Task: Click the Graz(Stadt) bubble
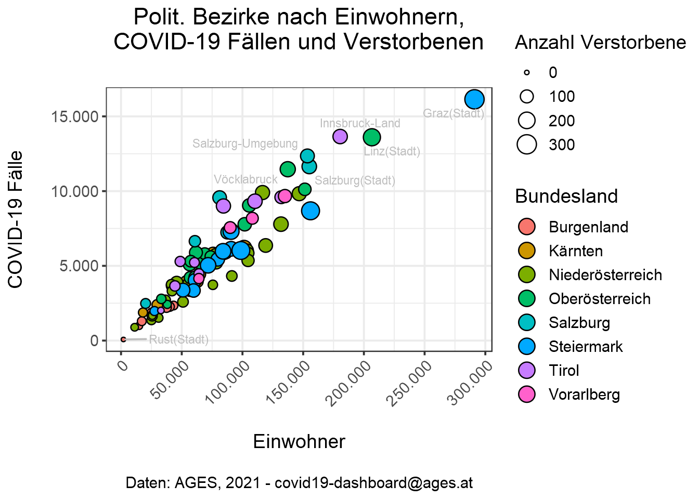coord(474,99)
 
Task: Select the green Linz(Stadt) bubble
coord(371,137)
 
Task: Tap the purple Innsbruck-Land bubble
coord(340,137)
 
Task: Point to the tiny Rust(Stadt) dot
coord(123,339)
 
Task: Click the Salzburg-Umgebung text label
coord(245,143)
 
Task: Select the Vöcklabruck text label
coord(245,179)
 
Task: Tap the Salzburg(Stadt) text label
coord(355,180)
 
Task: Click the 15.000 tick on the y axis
coord(75,116)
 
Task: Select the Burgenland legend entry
coord(588,227)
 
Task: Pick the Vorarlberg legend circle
coord(527,394)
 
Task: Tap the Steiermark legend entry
coord(585,347)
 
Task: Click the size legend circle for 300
coord(527,145)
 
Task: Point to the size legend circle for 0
coord(527,72)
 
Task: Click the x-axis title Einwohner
coord(299,441)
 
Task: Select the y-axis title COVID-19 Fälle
coord(16,219)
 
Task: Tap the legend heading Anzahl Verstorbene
coord(600,43)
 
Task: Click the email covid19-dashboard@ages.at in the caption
coord(373,482)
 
